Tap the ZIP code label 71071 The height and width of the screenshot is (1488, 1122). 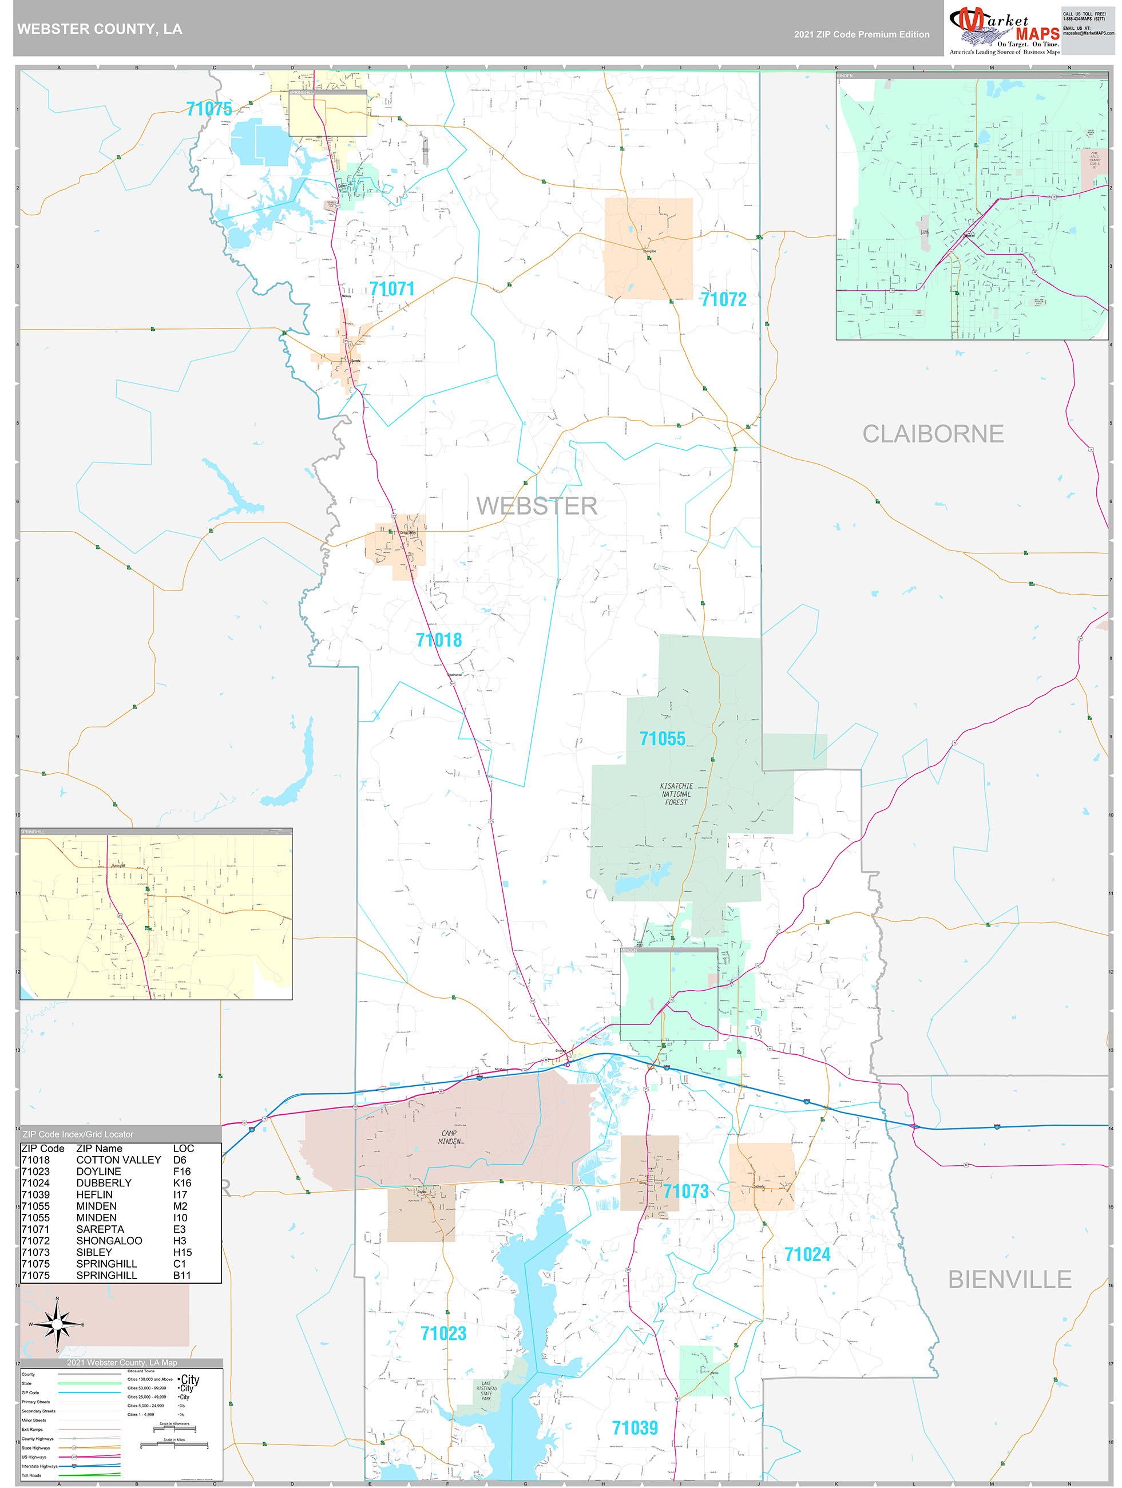391,288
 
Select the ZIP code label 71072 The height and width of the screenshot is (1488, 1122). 723,299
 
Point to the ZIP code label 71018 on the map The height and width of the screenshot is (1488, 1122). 439,640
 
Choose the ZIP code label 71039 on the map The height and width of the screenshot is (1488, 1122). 635,1427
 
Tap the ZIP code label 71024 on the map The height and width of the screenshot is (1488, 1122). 807,1254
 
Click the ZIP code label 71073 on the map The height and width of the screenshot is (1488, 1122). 685,1190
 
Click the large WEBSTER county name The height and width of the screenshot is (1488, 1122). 536,506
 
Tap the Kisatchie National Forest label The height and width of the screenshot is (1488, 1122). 676,794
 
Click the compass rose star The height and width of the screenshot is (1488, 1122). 57,1324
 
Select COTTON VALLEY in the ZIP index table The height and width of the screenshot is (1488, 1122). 118,1159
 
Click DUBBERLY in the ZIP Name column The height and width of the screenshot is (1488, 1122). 104,1182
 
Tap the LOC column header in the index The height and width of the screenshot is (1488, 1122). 183,1148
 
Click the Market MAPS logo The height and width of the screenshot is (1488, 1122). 1004,30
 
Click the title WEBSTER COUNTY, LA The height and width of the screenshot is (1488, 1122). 100,29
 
